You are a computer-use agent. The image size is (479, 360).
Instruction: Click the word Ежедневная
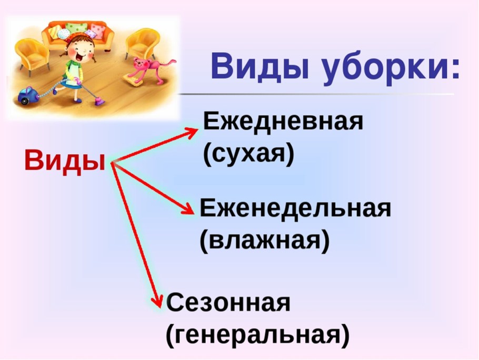click(x=283, y=123)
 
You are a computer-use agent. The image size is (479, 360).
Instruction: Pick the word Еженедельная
click(x=295, y=208)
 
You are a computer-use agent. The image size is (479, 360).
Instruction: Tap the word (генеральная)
click(x=257, y=336)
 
